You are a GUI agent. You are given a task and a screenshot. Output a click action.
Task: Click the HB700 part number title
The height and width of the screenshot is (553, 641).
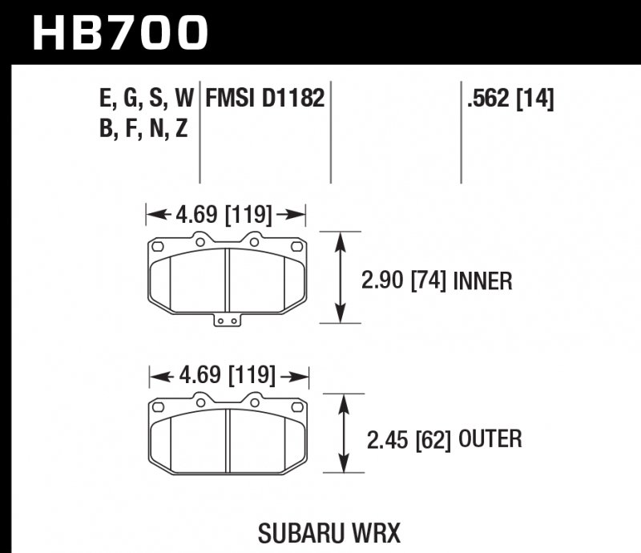coord(120,33)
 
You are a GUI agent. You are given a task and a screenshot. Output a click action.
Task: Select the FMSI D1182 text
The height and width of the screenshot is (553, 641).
coord(264,99)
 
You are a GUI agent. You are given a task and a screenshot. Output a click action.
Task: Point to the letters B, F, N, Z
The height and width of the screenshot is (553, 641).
coord(143,128)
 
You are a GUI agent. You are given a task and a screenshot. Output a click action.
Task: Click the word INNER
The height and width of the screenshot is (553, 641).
coord(483,281)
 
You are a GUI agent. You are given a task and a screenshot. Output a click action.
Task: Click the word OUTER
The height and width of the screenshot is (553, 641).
coord(490,439)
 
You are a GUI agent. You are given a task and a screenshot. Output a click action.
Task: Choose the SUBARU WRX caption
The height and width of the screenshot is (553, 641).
coord(330,532)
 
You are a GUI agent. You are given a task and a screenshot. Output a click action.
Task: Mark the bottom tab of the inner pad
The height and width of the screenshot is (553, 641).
coord(228,321)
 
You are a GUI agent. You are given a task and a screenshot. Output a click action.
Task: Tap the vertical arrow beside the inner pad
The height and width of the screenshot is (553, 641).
coord(343,277)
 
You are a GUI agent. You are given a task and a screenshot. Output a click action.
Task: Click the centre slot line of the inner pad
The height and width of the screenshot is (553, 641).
coord(228,277)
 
